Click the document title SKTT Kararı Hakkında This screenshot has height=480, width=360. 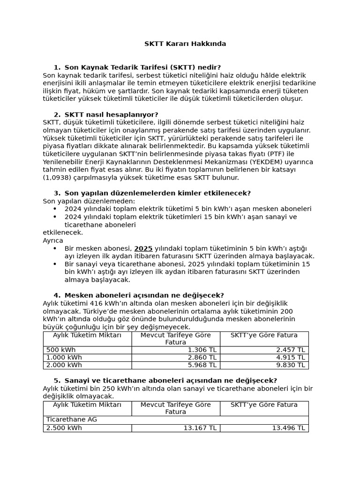(x=185, y=44)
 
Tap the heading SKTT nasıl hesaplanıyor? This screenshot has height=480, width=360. (x=111, y=114)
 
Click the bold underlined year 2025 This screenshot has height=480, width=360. (x=143, y=248)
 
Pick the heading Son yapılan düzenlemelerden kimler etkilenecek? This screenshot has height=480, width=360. (x=157, y=193)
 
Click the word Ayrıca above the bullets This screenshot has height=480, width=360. (x=53, y=240)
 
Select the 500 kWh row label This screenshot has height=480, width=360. (x=61, y=350)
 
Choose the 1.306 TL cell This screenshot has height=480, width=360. (x=202, y=350)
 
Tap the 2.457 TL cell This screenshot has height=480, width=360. (x=291, y=350)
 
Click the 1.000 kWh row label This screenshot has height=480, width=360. (x=63, y=358)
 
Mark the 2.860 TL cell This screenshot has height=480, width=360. (x=202, y=358)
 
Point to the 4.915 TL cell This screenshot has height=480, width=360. (x=291, y=358)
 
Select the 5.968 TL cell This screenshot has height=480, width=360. (x=202, y=365)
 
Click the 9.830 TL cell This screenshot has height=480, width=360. (x=291, y=365)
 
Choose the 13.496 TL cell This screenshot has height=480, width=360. (x=289, y=428)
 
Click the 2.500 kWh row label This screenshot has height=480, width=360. (x=64, y=428)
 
